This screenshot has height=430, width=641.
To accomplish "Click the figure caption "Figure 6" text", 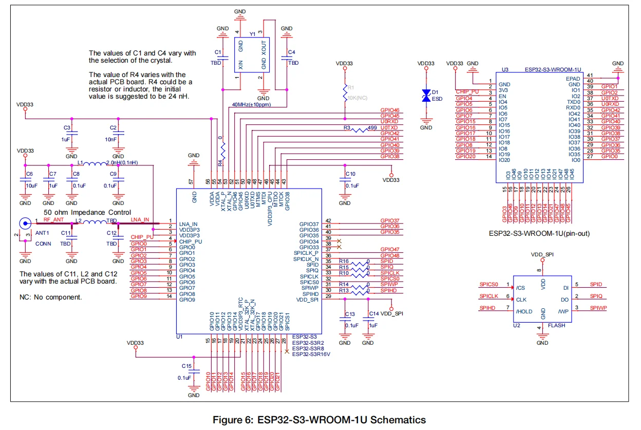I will pyautogui.click(x=319, y=420).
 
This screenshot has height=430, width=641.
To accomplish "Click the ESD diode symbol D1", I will pyautogui.click(x=426, y=96).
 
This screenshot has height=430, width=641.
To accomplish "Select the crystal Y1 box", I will pyautogui.click(x=252, y=55).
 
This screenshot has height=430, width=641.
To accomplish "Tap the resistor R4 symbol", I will pyautogui.click(x=223, y=151).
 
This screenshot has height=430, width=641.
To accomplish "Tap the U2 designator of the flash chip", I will pyautogui.click(x=517, y=325).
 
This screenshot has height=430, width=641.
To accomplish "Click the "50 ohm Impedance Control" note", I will pyautogui.click(x=87, y=212).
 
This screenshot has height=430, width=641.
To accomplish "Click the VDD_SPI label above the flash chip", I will pyautogui.click(x=542, y=254).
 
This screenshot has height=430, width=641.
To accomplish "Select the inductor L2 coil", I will pyautogui.click(x=94, y=223).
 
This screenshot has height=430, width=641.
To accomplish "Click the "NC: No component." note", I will pyautogui.click(x=51, y=297).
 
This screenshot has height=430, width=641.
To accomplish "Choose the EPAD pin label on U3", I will pyautogui.click(x=573, y=79).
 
